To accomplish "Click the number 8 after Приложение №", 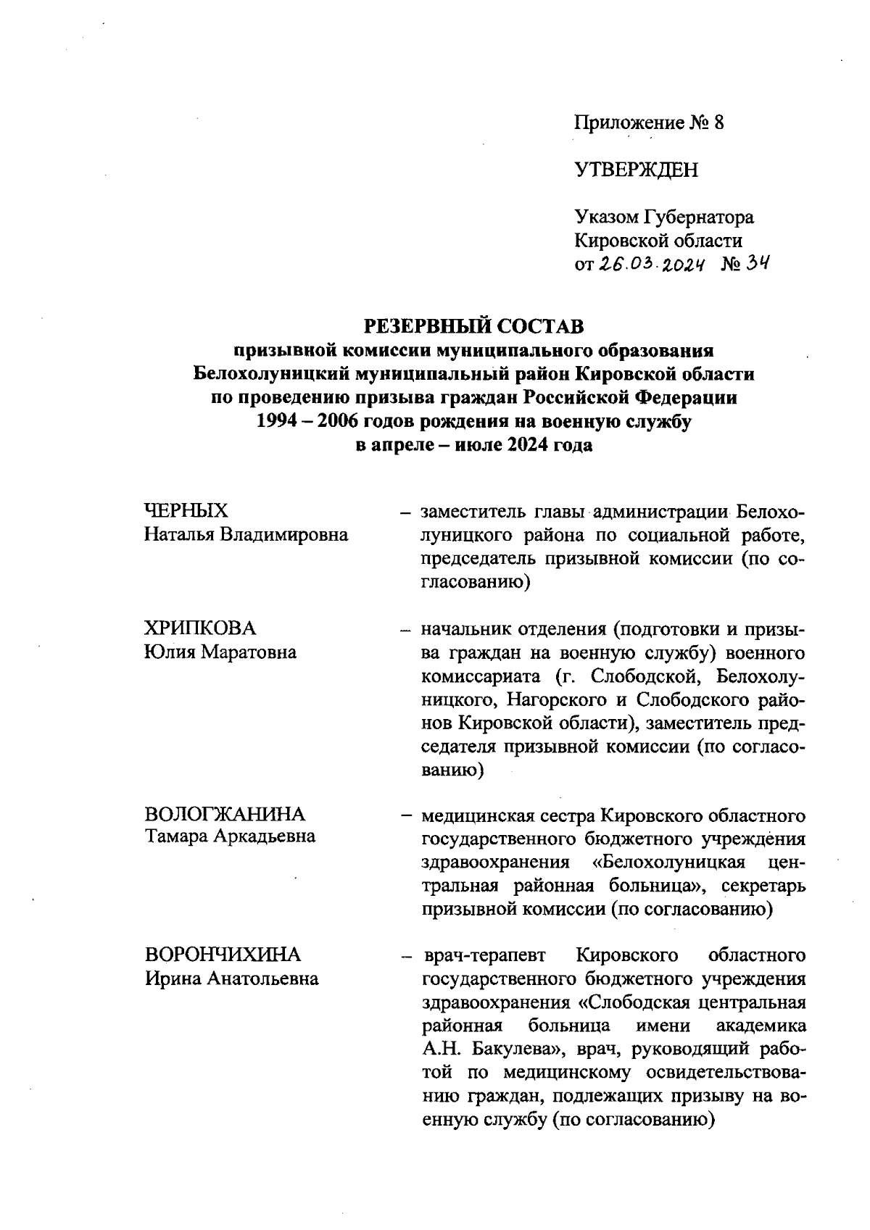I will (x=718, y=122).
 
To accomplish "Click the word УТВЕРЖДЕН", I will (x=637, y=170).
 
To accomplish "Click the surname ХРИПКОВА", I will (x=201, y=628).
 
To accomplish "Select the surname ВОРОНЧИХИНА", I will (x=223, y=955).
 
